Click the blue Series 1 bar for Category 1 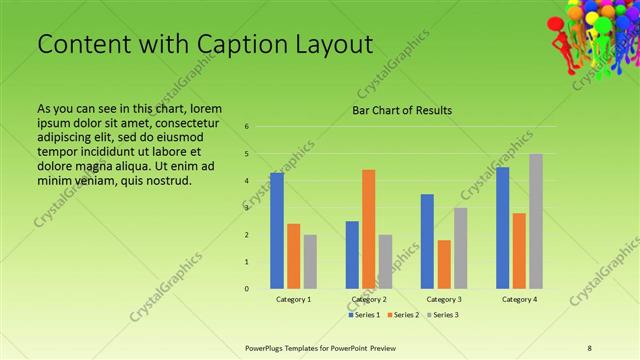click(x=277, y=231)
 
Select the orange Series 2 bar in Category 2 click(x=368, y=229)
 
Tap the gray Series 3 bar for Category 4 click(x=536, y=221)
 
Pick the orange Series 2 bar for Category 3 click(x=444, y=264)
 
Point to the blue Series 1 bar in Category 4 click(x=502, y=228)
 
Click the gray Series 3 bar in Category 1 click(x=310, y=262)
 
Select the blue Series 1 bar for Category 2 click(x=352, y=255)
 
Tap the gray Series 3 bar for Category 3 click(x=460, y=248)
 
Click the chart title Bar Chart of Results click(x=401, y=110)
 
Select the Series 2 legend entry click(x=404, y=315)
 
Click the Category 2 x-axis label click(x=369, y=299)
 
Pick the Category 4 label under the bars click(x=519, y=299)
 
